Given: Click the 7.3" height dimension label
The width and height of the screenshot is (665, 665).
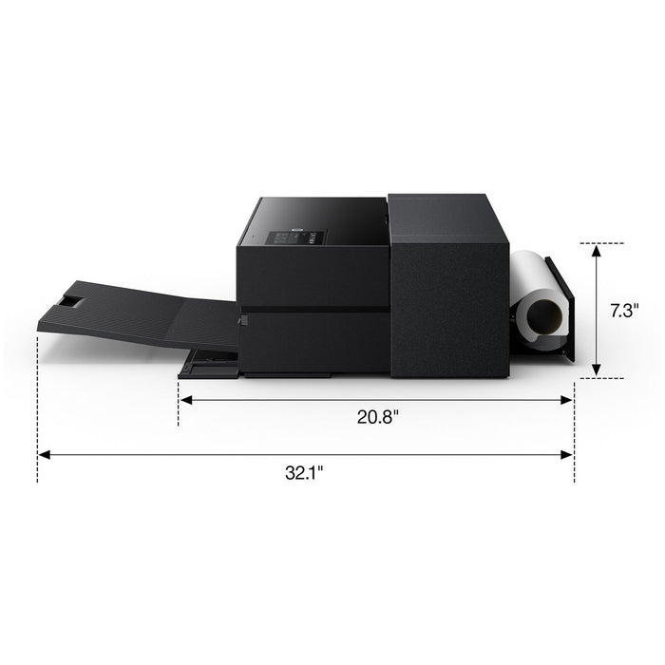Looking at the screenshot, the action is pos(624,311).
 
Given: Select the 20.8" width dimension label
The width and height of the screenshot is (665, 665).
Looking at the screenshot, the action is pos(378,417).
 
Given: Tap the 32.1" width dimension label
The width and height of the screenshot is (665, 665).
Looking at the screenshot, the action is pos(304,472).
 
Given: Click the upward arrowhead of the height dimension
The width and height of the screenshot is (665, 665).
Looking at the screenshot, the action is pos(597,251).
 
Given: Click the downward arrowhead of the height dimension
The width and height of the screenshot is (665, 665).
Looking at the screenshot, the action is pos(597,370).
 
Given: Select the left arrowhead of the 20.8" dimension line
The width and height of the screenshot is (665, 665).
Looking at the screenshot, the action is pos(186,400).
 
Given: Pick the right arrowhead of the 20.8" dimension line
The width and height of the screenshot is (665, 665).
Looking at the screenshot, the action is pos(566,400).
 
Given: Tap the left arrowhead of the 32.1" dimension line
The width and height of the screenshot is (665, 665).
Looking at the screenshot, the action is pos(44,455).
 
